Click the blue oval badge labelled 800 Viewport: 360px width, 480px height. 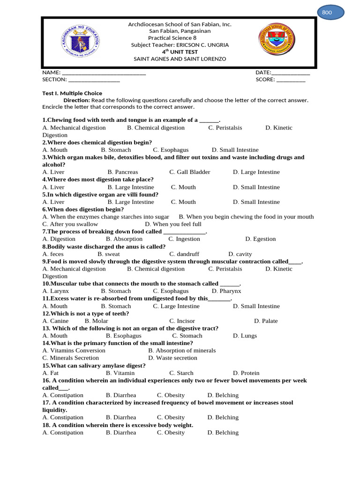(330, 13)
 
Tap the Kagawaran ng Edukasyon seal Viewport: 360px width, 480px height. (80, 42)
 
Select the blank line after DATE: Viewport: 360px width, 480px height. (291, 73)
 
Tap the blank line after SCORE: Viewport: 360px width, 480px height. (291, 80)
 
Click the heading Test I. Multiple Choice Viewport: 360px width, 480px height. (72, 93)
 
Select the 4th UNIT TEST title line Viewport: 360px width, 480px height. (180, 52)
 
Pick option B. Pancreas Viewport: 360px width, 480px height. (123, 172)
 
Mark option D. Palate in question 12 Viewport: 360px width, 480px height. (266, 321)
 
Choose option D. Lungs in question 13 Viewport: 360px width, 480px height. (245, 336)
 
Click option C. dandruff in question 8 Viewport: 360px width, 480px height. (184, 254)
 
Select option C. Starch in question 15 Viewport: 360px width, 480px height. (181, 373)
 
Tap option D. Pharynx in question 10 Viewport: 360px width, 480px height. (226, 291)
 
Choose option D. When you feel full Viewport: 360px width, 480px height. (173, 225)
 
